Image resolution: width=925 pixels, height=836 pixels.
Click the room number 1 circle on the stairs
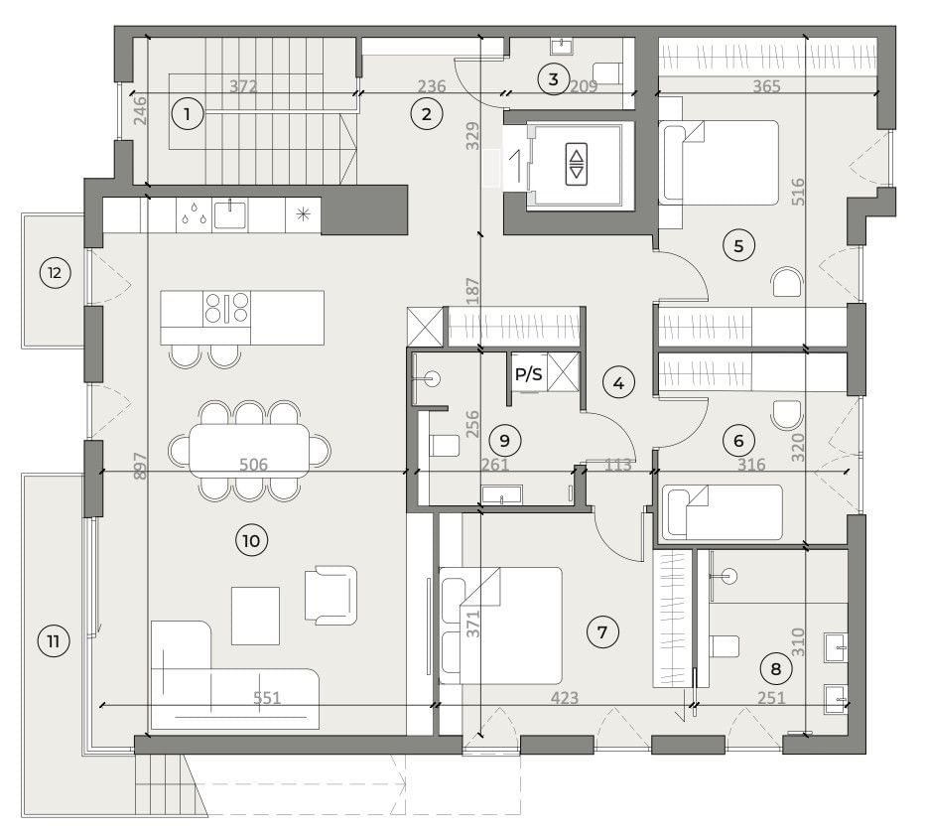pos(187,113)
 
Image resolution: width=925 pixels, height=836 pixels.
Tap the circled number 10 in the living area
pos(251,540)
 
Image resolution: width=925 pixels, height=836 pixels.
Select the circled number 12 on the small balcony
pos(55,273)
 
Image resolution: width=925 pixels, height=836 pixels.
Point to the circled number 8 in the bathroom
pos(775,668)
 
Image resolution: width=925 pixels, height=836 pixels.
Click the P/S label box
pos(528,374)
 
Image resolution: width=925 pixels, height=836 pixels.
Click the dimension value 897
pos(140,466)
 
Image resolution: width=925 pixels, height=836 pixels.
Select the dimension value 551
pos(267,698)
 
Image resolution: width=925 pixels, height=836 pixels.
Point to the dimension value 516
pos(798,192)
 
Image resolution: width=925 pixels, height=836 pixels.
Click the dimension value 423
pos(565,698)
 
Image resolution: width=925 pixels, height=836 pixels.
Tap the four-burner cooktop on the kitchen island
pos(226,309)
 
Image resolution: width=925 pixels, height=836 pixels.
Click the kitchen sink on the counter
pos(230,213)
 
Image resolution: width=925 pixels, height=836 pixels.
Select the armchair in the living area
pos(330,595)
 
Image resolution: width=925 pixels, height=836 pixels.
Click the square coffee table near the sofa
pos(255,616)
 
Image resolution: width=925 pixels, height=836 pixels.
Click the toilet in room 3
pos(606,73)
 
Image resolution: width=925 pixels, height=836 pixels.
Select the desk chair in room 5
pos(787,282)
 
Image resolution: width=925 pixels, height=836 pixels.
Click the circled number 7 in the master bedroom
pos(602,632)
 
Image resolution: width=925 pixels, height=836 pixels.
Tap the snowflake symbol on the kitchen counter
pos(303,214)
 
